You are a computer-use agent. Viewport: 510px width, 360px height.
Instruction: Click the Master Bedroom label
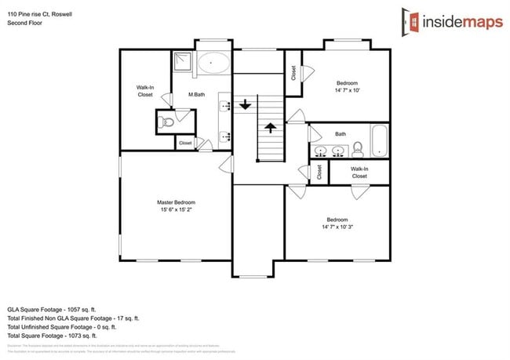tap(176, 202)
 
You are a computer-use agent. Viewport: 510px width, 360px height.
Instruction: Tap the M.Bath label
tap(197, 95)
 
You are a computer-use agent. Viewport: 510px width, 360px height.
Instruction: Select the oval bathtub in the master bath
tap(213, 63)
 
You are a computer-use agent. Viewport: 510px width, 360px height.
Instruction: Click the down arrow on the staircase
tap(246, 104)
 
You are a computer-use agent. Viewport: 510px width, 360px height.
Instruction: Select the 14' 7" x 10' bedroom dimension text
tap(348, 90)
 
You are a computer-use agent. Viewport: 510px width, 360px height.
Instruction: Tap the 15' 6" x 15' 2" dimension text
tap(176, 209)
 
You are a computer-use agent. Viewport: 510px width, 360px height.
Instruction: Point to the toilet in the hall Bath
tap(357, 147)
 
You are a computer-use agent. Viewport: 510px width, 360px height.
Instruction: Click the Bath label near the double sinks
tap(340, 134)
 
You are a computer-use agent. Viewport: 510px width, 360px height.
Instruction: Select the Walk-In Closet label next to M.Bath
tap(144, 91)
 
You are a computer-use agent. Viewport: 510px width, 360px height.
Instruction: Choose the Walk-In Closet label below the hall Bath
tap(359, 173)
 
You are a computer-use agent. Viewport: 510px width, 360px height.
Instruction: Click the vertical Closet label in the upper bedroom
tap(293, 74)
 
